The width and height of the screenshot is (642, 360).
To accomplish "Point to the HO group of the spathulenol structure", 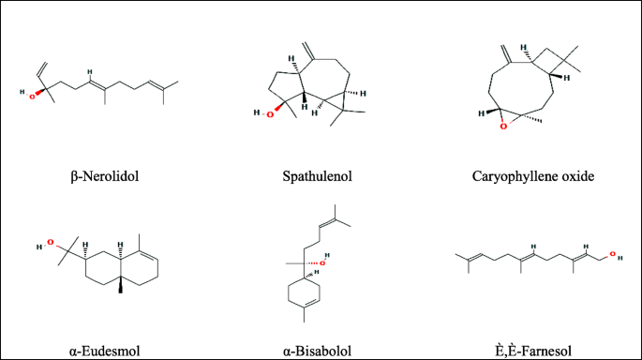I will [x=261, y=113].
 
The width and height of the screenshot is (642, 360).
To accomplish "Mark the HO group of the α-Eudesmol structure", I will [x=41, y=247].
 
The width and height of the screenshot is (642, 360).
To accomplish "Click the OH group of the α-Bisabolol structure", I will [x=325, y=263].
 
